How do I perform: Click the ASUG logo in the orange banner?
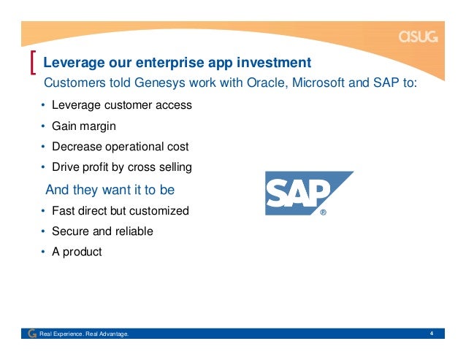point(418,37)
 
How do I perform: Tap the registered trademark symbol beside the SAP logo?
point(323,212)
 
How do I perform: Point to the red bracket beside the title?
point(33,62)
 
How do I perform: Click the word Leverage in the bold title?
point(74,63)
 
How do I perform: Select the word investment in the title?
point(274,62)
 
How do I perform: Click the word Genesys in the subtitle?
point(159,83)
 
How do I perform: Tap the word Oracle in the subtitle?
point(267,83)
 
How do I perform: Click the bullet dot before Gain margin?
point(43,126)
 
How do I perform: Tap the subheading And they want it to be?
point(110,190)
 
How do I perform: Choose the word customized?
point(159,210)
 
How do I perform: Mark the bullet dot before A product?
point(43,252)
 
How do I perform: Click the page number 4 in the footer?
point(431,333)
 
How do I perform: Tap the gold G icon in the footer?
point(32,334)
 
